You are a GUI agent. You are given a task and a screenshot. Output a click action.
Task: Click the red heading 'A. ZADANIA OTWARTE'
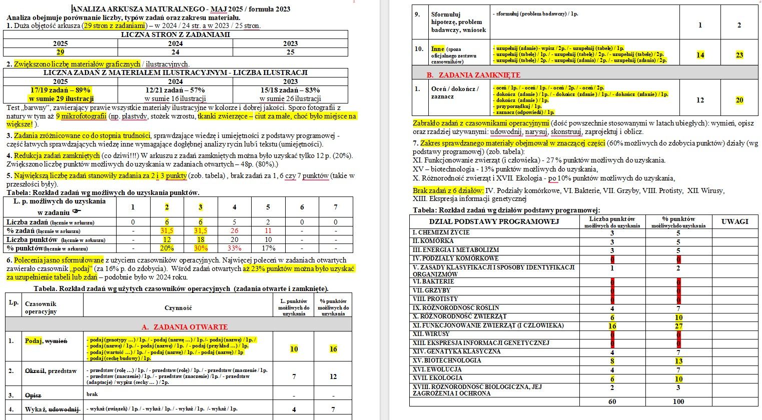[x=185, y=327]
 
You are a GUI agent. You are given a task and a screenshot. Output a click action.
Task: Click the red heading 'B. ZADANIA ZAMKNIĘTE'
[x=473, y=75]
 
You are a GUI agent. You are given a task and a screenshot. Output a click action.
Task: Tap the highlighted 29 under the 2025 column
[x=60, y=52]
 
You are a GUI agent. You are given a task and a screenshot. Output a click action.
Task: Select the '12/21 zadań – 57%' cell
[x=175, y=90]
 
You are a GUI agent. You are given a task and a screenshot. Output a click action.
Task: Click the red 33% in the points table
[x=234, y=248]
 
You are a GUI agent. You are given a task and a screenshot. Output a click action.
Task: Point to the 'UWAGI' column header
[x=734, y=221]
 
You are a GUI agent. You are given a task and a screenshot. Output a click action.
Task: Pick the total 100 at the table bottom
[x=678, y=401]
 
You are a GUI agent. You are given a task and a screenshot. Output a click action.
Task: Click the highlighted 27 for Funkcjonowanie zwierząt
[x=678, y=325]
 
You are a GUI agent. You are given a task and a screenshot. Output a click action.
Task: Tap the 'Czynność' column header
[x=178, y=308]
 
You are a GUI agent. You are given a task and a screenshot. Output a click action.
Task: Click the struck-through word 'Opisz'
[x=33, y=395]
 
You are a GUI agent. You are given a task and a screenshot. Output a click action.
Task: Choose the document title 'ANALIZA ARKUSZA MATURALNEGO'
[x=137, y=9]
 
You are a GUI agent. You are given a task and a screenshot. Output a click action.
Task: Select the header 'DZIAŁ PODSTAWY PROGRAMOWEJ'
[x=494, y=221]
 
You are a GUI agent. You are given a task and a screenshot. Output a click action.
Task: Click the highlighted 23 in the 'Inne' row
[x=739, y=55]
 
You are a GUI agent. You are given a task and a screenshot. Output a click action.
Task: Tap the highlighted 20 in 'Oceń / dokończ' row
[x=739, y=100]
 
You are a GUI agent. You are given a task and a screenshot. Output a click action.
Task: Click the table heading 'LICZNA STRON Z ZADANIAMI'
[x=175, y=35]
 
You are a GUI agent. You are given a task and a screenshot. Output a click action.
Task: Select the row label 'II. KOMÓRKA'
[x=433, y=241]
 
